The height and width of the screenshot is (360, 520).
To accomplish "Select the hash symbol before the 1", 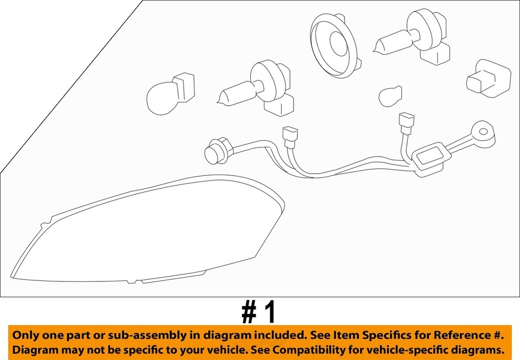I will [249, 313].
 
